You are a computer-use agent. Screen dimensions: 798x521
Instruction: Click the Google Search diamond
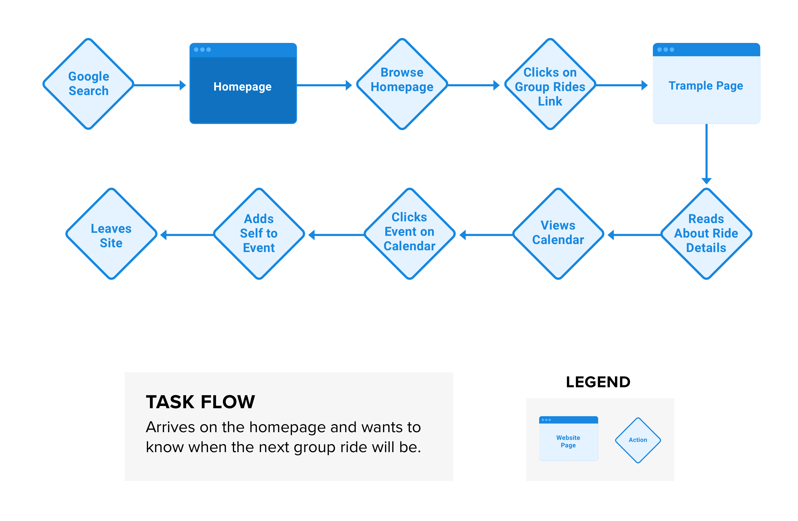[x=89, y=84]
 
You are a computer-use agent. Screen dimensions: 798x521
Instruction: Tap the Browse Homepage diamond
[x=402, y=84]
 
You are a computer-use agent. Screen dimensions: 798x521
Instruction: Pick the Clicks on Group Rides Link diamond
[x=550, y=84]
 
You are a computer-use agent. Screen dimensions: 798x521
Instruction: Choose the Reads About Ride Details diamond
[x=706, y=234]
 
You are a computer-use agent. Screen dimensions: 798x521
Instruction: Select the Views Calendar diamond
[x=558, y=234]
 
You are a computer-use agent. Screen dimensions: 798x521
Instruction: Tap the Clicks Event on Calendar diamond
[x=409, y=234]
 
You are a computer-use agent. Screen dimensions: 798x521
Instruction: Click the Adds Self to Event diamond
[x=259, y=234]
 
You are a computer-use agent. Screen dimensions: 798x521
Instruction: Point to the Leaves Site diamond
[x=111, y=234]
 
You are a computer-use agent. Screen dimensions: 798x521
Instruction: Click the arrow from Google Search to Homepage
[x=160, y=85]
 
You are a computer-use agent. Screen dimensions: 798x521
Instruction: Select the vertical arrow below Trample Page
[x=706, y=154]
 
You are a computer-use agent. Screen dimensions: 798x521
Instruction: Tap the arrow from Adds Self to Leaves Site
[x=187, y=235]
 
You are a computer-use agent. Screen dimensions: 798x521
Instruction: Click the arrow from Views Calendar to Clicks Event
[x=486, y=235]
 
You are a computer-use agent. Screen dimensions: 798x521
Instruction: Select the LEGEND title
[x=598, y=382]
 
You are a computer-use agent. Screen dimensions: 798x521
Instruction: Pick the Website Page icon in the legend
[x=568, y=438]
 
